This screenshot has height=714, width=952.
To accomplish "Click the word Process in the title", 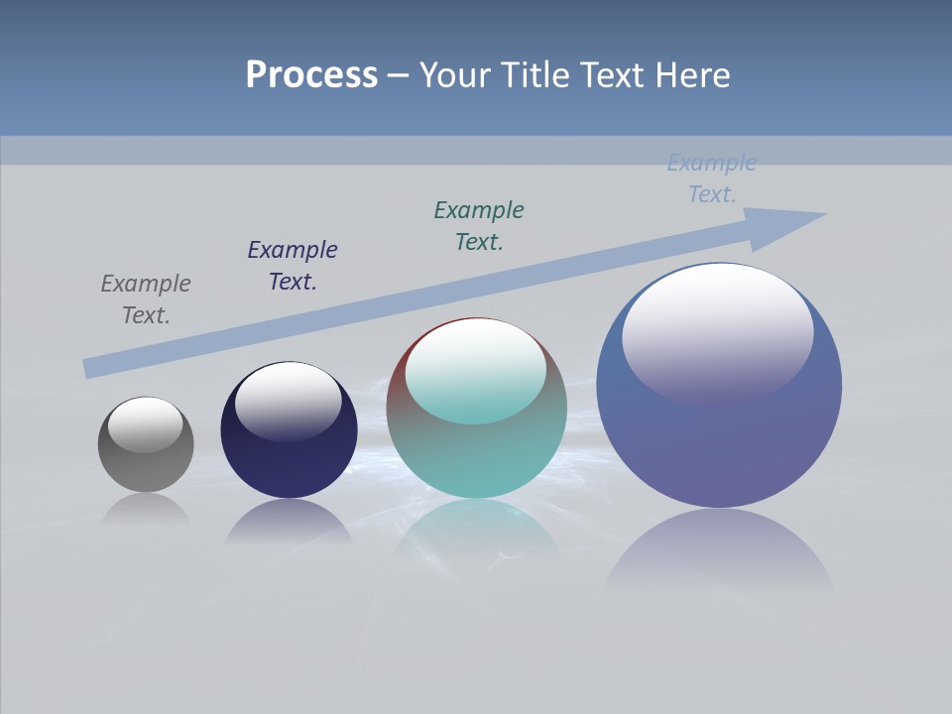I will tap(311, 75).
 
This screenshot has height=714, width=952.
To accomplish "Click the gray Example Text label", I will tap(146, 299).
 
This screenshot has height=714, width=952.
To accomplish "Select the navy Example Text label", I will tap(293, 266).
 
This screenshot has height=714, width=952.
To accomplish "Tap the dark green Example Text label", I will tap(479, 226).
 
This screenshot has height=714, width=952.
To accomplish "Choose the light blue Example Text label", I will tap(712, 178).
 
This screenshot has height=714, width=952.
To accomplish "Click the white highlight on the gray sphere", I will tap(146, 422).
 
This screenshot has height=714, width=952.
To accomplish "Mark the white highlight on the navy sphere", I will tap(289, 399).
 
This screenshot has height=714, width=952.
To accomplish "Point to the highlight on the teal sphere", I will tap(476, 369).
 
